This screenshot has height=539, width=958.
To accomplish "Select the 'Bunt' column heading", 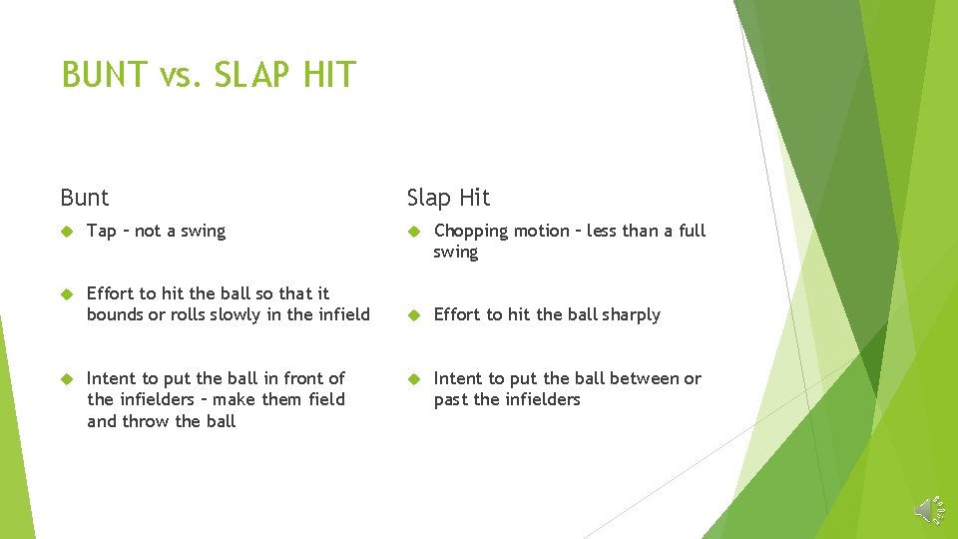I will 85,198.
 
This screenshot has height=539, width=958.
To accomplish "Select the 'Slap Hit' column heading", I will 448,198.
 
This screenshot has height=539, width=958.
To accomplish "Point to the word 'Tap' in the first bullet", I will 101,232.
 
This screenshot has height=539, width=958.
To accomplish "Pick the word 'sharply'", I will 631,315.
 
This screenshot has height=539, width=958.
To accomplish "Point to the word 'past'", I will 451,400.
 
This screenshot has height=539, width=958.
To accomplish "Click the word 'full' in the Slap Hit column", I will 692,231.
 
